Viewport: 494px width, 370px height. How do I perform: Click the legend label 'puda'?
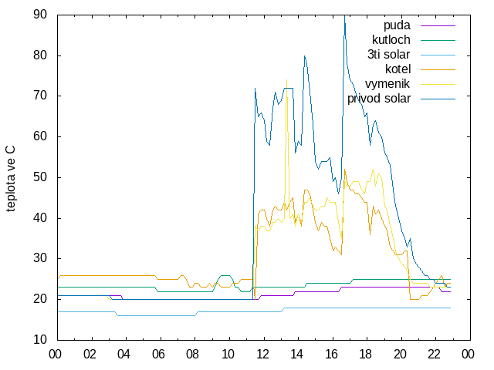pos(397,25)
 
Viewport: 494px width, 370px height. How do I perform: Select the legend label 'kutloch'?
pos(391,40)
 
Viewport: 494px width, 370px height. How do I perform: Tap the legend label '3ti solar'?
pos(389,55)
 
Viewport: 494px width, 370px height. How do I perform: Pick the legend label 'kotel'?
pos(398,69)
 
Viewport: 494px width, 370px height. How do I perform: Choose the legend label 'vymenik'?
pos(387,84)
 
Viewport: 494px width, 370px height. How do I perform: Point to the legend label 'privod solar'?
pos(379,99)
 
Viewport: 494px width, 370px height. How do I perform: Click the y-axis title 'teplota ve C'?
pos(10,179)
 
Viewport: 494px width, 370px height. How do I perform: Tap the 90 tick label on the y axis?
pos(40,15)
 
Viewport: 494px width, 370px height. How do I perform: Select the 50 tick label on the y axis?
pos(40,177)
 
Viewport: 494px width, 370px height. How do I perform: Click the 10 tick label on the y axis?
pos(40,340)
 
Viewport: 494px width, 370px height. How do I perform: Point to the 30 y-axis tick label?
pos(40,258)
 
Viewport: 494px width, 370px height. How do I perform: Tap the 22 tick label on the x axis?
pos(435,355)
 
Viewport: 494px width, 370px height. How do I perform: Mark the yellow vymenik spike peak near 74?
pos(286,80)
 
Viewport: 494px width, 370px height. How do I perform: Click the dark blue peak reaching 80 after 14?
pos(304,56)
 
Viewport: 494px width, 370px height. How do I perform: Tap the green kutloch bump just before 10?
pos(225,276)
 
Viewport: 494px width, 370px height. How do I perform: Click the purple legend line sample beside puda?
pos(438,25)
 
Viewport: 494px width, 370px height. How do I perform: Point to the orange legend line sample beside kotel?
pos(438,70)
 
